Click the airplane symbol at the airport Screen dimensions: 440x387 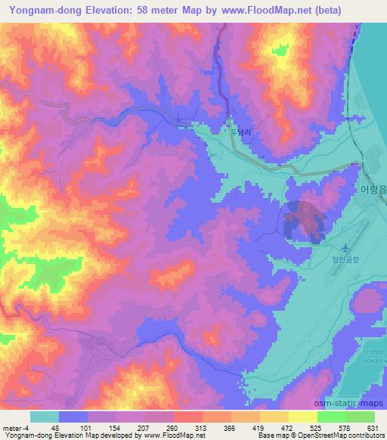[346, 247]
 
